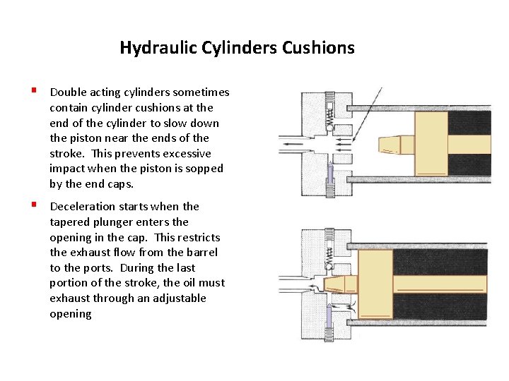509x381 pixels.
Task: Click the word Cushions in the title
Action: tap(318, 48)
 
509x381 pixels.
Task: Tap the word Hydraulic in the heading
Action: tap(149, 48)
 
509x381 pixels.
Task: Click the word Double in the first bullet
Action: tap(68, 92)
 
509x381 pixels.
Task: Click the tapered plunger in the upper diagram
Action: tap(390, 145)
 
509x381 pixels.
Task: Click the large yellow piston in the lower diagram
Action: tap(375, 284)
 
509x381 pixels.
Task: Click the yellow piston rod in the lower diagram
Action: tap(438, 284)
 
